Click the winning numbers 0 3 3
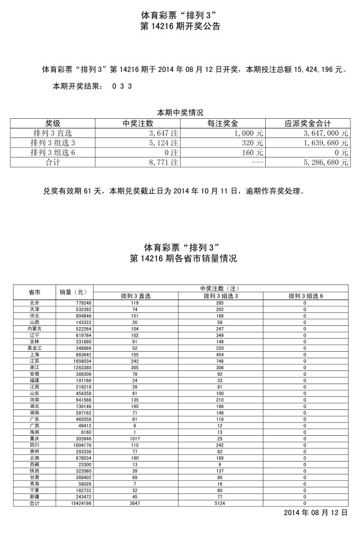pos(122,86)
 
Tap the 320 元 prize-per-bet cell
pos(251,143)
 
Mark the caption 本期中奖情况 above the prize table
pos(180,113)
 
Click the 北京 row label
pos(34,303)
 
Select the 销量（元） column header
pos(73,292)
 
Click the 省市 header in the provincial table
pos(34,292)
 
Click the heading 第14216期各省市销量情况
pos(180,259)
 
